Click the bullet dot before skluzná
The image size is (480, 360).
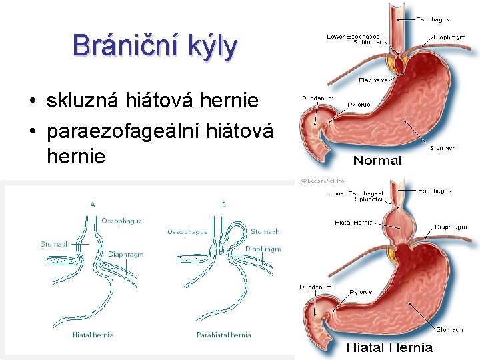pos(32,102)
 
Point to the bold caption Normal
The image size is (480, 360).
pos(377,160)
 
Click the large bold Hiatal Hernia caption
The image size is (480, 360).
pos(389,347)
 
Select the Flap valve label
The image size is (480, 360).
pos(373,81)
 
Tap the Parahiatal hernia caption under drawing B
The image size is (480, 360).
pos(223,335)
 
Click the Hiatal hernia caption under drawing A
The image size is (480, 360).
pos(93,335)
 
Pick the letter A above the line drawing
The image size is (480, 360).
pos(93,205)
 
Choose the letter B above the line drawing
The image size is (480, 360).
pos(223,205)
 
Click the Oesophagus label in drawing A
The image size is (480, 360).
pos(122,221)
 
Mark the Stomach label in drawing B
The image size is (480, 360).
pos(265,232)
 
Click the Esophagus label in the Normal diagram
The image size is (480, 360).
pos(433,20)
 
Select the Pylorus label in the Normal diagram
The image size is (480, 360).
pos(359,105)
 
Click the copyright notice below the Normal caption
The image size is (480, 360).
pos(321,180)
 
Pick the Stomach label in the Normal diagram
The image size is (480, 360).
pos(443,148)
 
